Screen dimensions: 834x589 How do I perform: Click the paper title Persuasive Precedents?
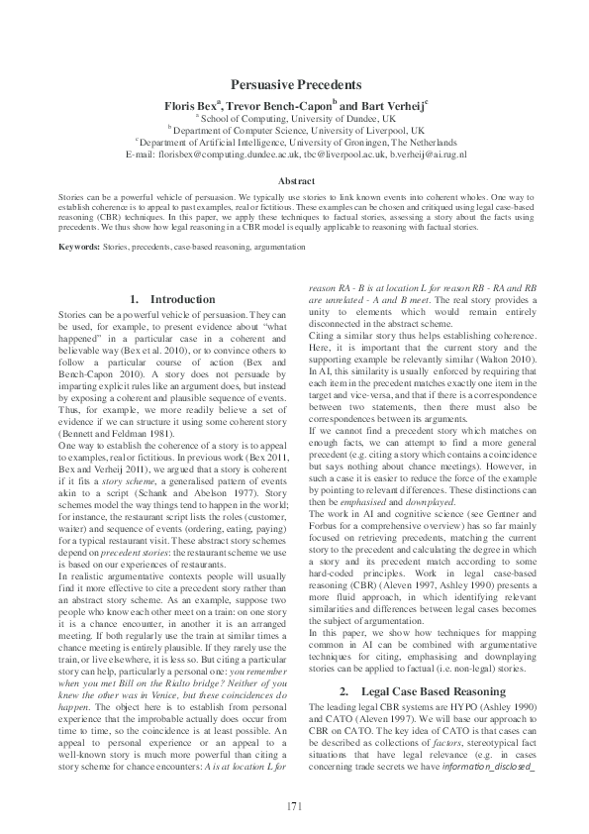pyautogui.click(x=295, y=86)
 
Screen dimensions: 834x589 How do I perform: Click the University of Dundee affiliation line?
pyautogui.click(x=296, y=118)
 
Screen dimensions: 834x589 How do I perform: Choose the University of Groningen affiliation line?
pyautogui.click(x=295, y=143)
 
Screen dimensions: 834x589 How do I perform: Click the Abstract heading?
pyautogui.click(x=295, y=181)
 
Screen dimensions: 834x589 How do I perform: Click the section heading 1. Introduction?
pyautogui.click(x=172, y=299)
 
